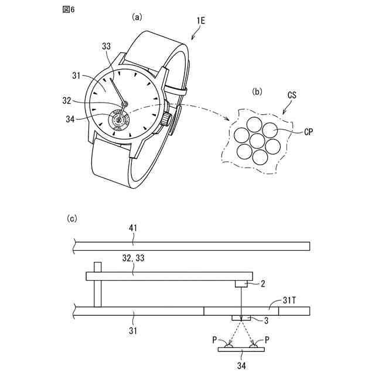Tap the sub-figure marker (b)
pos(257,91)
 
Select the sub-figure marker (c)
pos(71,219)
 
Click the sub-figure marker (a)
pos(137,17)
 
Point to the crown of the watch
pos(167,120)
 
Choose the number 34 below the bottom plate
pos(241,366)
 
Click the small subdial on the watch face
pos(120,119)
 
